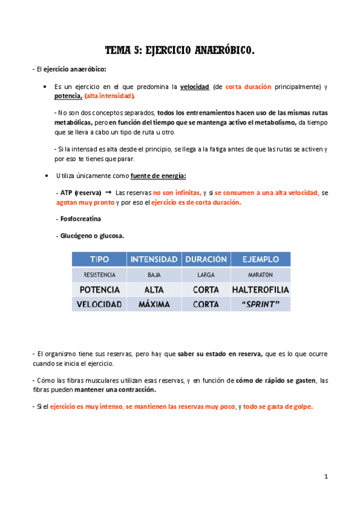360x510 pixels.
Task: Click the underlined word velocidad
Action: coord(195,87)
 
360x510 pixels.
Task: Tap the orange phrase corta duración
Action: coord(249,87)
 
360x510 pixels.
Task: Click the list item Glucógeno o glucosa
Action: coord(90,236)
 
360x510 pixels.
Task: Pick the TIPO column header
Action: coord(99,259)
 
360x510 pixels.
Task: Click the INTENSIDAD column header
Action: coord(153,259)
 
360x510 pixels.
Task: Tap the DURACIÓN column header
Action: coord(206,259)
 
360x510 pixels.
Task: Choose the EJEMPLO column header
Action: coord(260,259)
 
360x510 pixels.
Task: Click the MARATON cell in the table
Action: coord(260,275)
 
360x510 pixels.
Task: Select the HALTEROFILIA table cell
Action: coord(260,289)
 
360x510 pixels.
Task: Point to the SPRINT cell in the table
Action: coord(260,304)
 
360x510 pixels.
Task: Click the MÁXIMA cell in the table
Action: coord(153,304)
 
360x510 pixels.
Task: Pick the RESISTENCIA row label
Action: coord(99,275)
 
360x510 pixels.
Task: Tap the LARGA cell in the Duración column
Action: coord(206,275)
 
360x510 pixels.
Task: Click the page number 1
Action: coord(325,476)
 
